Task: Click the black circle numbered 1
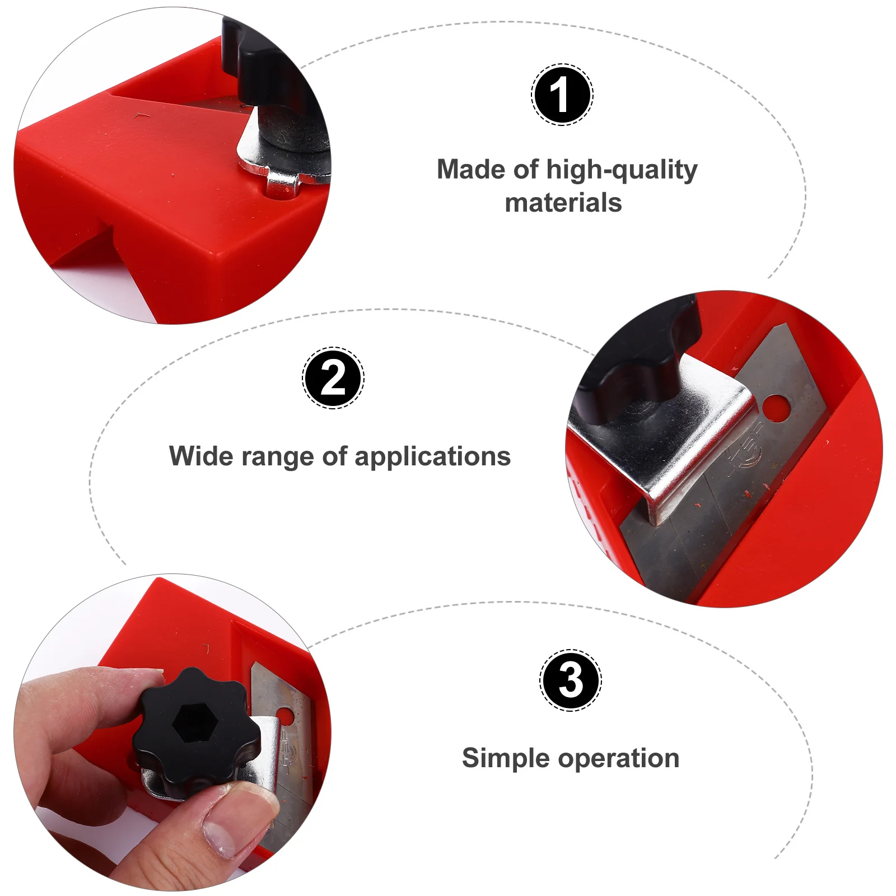[562, 95]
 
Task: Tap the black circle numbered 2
[333, 378]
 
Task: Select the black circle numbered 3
[571, 680]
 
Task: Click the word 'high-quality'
[622, 170]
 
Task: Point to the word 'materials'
[563, 203]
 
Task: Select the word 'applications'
[433, 457]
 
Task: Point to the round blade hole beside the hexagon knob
[285, 715]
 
